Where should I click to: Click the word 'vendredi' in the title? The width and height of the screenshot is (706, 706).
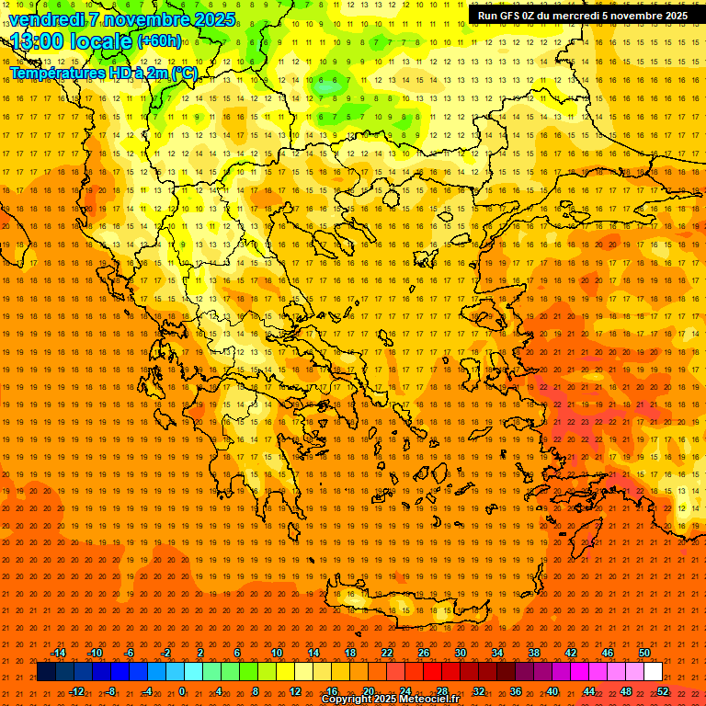[44, 19]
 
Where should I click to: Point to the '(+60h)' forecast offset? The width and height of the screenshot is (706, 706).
[159, 41]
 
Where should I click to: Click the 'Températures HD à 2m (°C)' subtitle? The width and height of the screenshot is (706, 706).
[103, 73]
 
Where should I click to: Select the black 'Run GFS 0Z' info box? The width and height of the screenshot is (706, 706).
[582, 16]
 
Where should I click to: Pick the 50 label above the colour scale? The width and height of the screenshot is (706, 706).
[644, 653]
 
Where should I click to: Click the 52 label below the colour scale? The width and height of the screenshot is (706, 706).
[663, 691]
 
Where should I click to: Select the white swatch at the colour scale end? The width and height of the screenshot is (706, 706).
[654, 672]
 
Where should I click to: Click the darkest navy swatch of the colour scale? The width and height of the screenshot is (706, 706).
[47, 672]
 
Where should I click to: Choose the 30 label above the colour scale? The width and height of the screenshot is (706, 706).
[461, 653]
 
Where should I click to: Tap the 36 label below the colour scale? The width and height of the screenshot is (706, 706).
[516, 691]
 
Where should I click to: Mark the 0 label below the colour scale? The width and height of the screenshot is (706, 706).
[181, 691]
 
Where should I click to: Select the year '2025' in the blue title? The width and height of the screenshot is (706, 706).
[209, 19]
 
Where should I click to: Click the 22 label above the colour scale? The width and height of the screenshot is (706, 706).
[387, 653]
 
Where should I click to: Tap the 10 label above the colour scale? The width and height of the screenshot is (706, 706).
[277, 653]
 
